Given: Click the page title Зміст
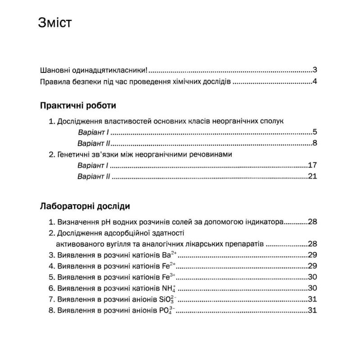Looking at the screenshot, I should point(55,23).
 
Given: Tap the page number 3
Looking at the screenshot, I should point(315,71).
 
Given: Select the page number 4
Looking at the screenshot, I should point(315,82).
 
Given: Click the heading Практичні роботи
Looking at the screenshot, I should point(78,106).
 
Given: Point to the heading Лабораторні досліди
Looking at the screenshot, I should point(85,207).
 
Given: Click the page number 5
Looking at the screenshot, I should point(315,132).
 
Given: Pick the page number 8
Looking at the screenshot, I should point(315,144).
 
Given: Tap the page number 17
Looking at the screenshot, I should point(313,165).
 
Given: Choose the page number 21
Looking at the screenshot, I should point(313,176).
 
